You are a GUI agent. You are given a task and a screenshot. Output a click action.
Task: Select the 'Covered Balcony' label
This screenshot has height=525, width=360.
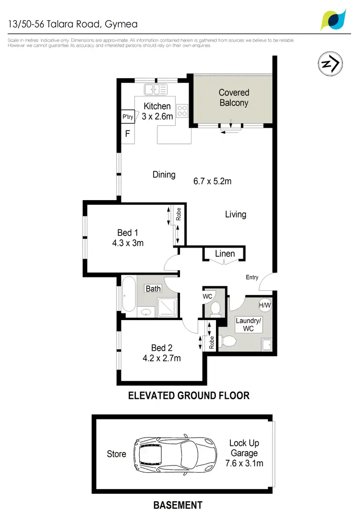(x=234, y=97)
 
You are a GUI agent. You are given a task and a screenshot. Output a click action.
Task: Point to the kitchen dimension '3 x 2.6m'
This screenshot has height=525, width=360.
(x=157, y=116)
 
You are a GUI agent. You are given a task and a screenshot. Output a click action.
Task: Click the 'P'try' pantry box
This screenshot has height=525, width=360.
(x=127, y=117)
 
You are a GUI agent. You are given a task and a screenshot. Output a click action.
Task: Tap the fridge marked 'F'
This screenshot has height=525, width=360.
(x=128, y=133)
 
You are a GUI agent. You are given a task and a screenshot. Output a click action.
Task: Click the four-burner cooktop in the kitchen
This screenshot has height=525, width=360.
(x=182, y=111)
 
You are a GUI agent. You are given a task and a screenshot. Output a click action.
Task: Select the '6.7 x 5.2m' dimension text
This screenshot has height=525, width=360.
(x=212, y=181)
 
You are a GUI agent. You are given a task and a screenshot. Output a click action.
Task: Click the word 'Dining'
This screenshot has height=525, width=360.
(x=164, y=175)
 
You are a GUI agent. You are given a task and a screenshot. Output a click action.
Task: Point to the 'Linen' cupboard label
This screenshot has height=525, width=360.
(x=225, y=253)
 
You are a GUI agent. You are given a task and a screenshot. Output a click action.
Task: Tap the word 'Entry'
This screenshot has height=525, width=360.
(x=252, y=277)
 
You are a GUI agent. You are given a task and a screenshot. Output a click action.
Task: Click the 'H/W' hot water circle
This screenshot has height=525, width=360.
(x=264, y=304)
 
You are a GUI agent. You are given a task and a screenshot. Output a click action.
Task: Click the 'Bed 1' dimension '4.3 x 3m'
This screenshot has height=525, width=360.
(x=127, y=243)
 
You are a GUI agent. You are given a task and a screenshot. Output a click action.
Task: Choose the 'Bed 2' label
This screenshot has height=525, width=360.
(x=161, y=348)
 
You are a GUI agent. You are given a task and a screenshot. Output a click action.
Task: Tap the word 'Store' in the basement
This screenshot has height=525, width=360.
(x=117, y=454)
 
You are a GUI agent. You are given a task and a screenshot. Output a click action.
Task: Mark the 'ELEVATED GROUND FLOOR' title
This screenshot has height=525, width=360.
(x=189, y=396)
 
